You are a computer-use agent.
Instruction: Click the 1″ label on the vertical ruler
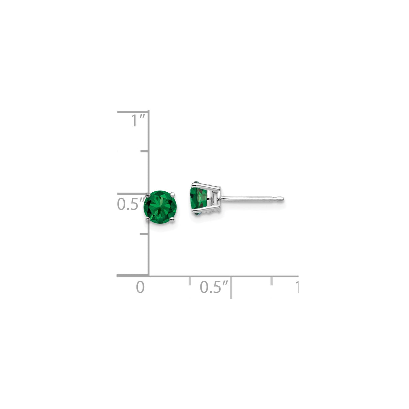pos(138,121)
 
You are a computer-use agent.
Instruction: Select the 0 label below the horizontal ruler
pos(140,287)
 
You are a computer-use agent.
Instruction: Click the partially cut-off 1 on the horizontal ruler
pos(296,287)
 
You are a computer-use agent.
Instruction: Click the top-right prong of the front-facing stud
pos(172,194)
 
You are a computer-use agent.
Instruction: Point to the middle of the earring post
pos(251,198)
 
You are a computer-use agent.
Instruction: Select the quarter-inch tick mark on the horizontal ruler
pos(190,281)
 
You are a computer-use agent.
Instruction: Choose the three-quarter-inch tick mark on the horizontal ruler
pos(272,281)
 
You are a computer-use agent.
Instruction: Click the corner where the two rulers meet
pos(149,276)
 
